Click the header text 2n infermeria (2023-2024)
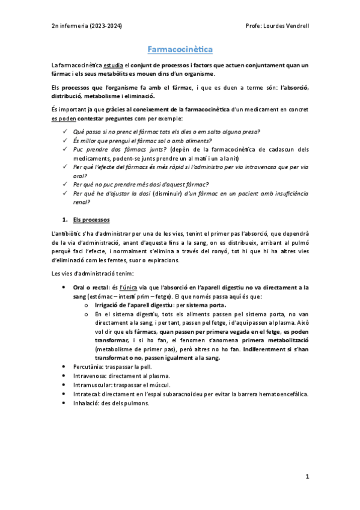(87, 27)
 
